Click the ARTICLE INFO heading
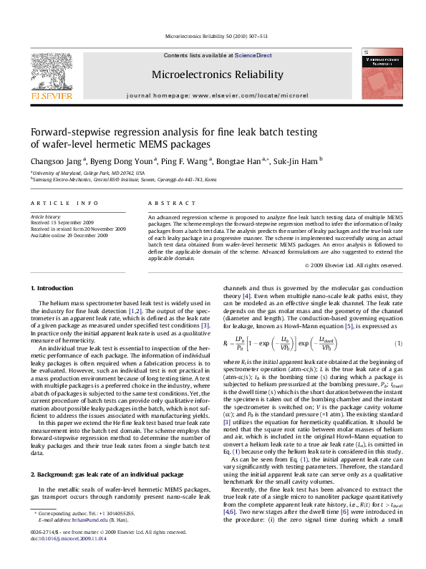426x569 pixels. tap(64, 204)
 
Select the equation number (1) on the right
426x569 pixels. tap(399, 324)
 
